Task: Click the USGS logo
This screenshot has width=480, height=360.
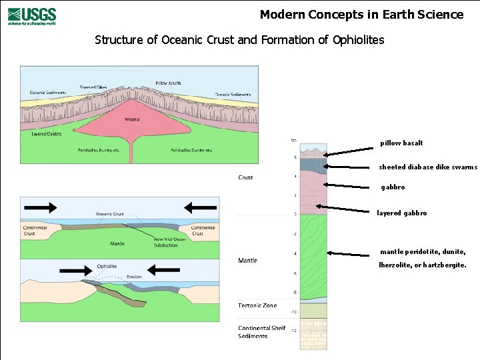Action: click(32, 15)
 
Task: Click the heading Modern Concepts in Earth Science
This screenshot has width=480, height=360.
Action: click(361, 15)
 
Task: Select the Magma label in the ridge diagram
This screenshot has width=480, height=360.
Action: click(133, 120)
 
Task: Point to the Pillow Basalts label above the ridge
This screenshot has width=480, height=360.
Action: click(168, 83)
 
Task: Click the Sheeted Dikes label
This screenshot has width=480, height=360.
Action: click(93, 87)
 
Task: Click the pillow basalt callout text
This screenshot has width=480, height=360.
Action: click(401, 143)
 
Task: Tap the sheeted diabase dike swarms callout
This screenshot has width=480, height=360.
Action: click(428, 167)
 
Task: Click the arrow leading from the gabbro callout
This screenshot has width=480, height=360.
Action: click(351, 186)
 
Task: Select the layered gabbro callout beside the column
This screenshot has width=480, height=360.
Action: click(401, 213)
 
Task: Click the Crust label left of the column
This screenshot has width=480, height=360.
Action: click(245, 177)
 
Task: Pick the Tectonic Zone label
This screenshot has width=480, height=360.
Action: click(257, 305)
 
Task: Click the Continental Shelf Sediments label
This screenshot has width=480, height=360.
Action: click(262, 332)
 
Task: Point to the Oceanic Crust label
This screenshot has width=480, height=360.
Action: click(109, 214)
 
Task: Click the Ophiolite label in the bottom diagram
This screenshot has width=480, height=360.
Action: click(107, 266)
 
